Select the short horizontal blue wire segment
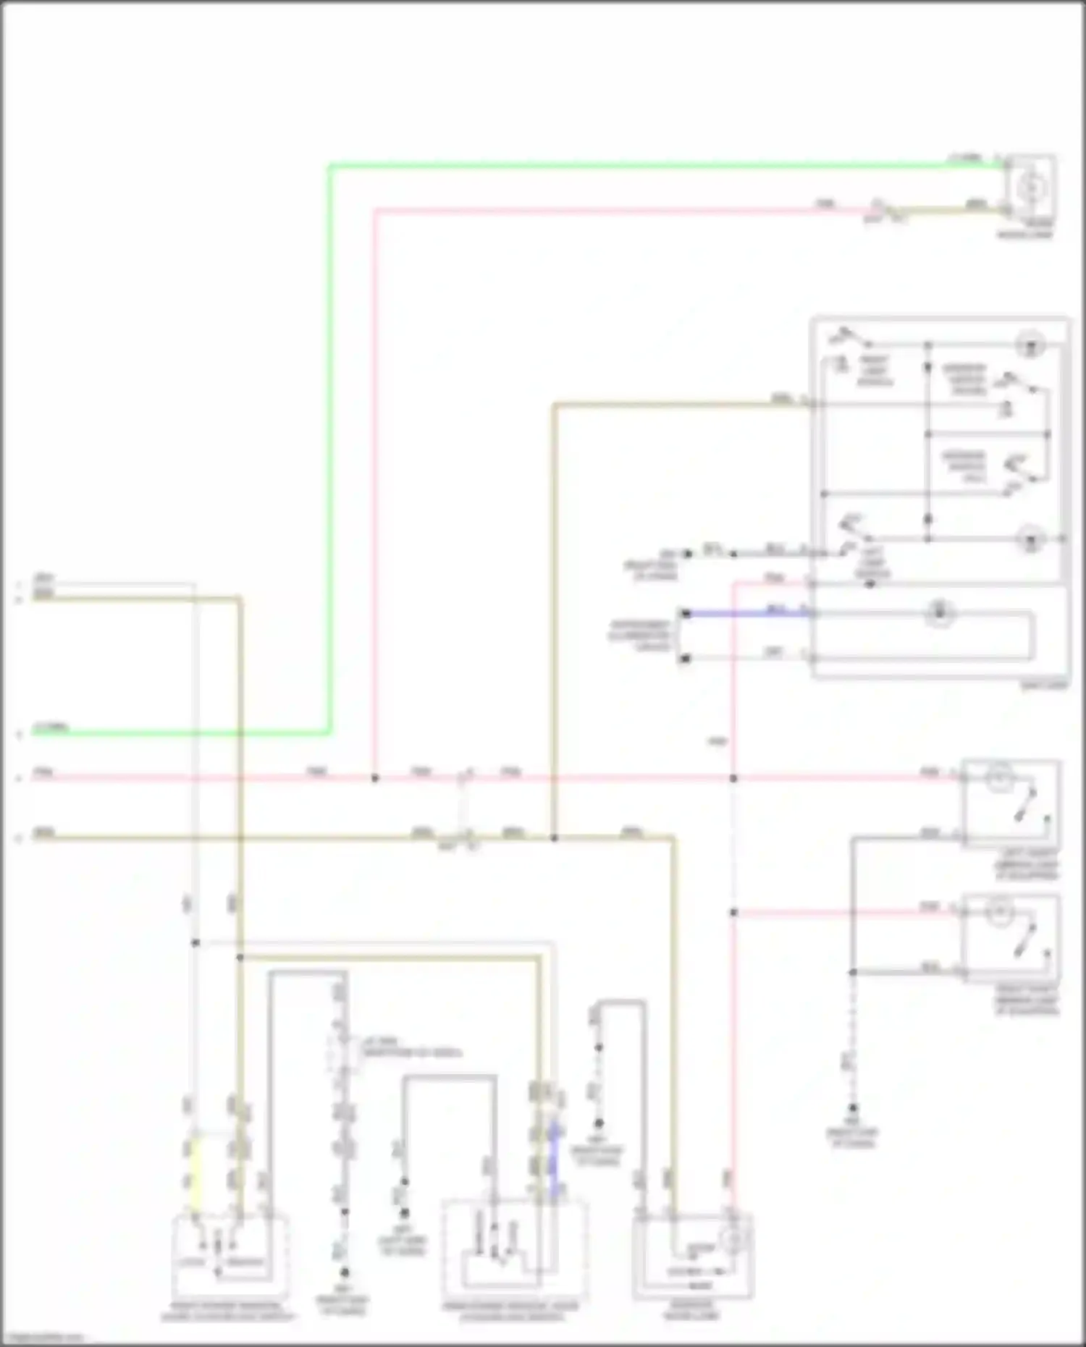[746, 614]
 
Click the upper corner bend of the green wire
[330, 167]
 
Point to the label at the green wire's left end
[51, 727]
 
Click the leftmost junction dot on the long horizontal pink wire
[375, 778]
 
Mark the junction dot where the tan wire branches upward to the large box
[554, 838]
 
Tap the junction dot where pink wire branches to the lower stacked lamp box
[733, 913]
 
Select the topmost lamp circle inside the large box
[1030, 345]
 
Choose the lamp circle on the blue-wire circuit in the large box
[939, 614]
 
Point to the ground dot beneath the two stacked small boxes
[853, 1108]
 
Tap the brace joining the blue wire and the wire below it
[678, 636]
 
